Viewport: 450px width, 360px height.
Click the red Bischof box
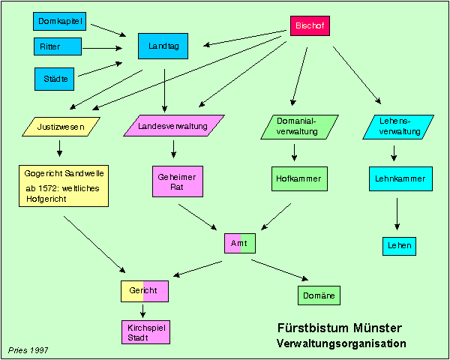tap(310, 26)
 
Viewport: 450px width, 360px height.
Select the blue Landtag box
tap(163, 46)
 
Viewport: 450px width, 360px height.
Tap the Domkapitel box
tap(58, 22)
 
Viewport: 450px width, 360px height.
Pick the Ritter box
tap(57, 46)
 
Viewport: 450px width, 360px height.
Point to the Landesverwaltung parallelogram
tap(173, 126)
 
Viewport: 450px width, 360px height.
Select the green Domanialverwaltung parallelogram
tap(298, 126)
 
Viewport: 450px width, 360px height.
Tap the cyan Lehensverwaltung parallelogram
tap(397, 126)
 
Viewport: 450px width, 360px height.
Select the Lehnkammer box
tap(397, 178)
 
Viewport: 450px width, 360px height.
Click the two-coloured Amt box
tap(240, 244)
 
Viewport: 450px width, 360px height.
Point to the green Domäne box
tap(319, 295)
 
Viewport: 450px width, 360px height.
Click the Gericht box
tap(144, 290)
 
